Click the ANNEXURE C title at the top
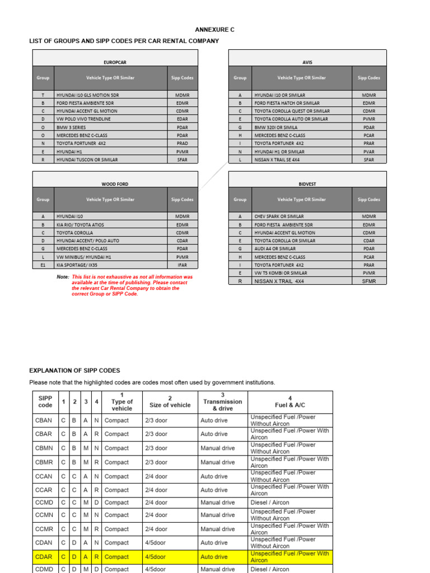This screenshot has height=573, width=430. click(x=215, y=30)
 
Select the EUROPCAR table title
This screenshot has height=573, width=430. click(x=115, y=63)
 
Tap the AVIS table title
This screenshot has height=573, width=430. click(x=307, y=63)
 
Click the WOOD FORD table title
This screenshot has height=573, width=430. click(x=115, y=184)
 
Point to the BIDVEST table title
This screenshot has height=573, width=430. click(x=307, y=184)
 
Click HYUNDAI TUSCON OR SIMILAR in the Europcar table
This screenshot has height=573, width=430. click(x=87, y=159)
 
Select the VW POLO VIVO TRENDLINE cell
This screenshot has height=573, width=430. click(x=84, y=119)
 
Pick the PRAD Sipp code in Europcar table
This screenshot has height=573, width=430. click(x=182, y=143)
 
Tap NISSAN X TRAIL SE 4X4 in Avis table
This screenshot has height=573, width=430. click(x=277, y=159)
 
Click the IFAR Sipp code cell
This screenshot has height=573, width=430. click(x=182, y=265)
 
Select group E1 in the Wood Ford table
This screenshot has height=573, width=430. click(x=43, y=265)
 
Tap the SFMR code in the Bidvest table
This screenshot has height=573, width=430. click(x=369, y=281)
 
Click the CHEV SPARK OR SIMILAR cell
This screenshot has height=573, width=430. click(x=279, y=216)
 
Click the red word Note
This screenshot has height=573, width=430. click(x=63, y=277)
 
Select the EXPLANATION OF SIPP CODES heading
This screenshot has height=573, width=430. click(x=74, y=370)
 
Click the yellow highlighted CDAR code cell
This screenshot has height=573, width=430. click(x=44, y=557)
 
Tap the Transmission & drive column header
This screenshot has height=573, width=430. click(x=222, y=402)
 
